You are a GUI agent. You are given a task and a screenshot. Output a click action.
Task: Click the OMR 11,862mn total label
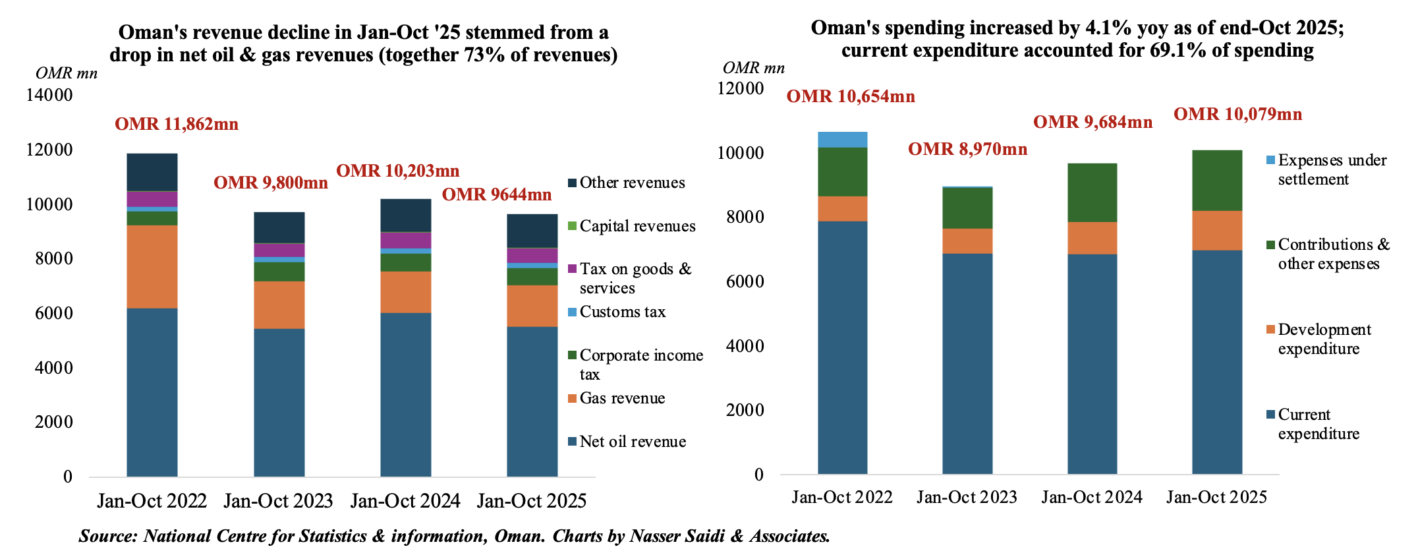[177, 124]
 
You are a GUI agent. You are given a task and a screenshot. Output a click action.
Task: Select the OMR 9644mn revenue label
[496, 194]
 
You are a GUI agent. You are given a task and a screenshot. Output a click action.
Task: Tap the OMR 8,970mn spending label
[967, 149]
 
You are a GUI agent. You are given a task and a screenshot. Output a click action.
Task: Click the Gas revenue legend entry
[622, 398]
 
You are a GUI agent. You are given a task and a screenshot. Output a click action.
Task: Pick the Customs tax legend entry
[622, 312]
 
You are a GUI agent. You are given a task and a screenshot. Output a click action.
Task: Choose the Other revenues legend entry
[632, 183]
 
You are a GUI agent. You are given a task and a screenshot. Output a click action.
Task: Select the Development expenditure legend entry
[1324, 339]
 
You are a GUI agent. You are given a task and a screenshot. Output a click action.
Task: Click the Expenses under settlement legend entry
[1332, 169]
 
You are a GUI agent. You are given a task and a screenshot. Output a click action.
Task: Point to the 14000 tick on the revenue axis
[49, 95]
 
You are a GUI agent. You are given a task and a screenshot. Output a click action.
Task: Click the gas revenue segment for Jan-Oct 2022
[152, 266]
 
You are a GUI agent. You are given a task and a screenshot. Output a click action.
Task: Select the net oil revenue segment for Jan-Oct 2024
[406, 394]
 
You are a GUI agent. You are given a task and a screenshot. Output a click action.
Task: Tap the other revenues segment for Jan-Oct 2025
[532, 231]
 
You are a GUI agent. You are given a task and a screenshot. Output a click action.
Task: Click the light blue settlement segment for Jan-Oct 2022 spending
[842, 139]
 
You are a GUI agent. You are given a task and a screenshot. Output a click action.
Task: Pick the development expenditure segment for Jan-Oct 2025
[1217, 230]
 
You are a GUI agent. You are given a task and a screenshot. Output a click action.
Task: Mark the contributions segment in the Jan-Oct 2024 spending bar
[1092, 192]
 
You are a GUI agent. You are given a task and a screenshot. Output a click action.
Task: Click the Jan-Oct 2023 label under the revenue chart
[278, 501]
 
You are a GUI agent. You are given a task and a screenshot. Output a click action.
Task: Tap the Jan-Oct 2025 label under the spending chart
[1216, 497]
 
